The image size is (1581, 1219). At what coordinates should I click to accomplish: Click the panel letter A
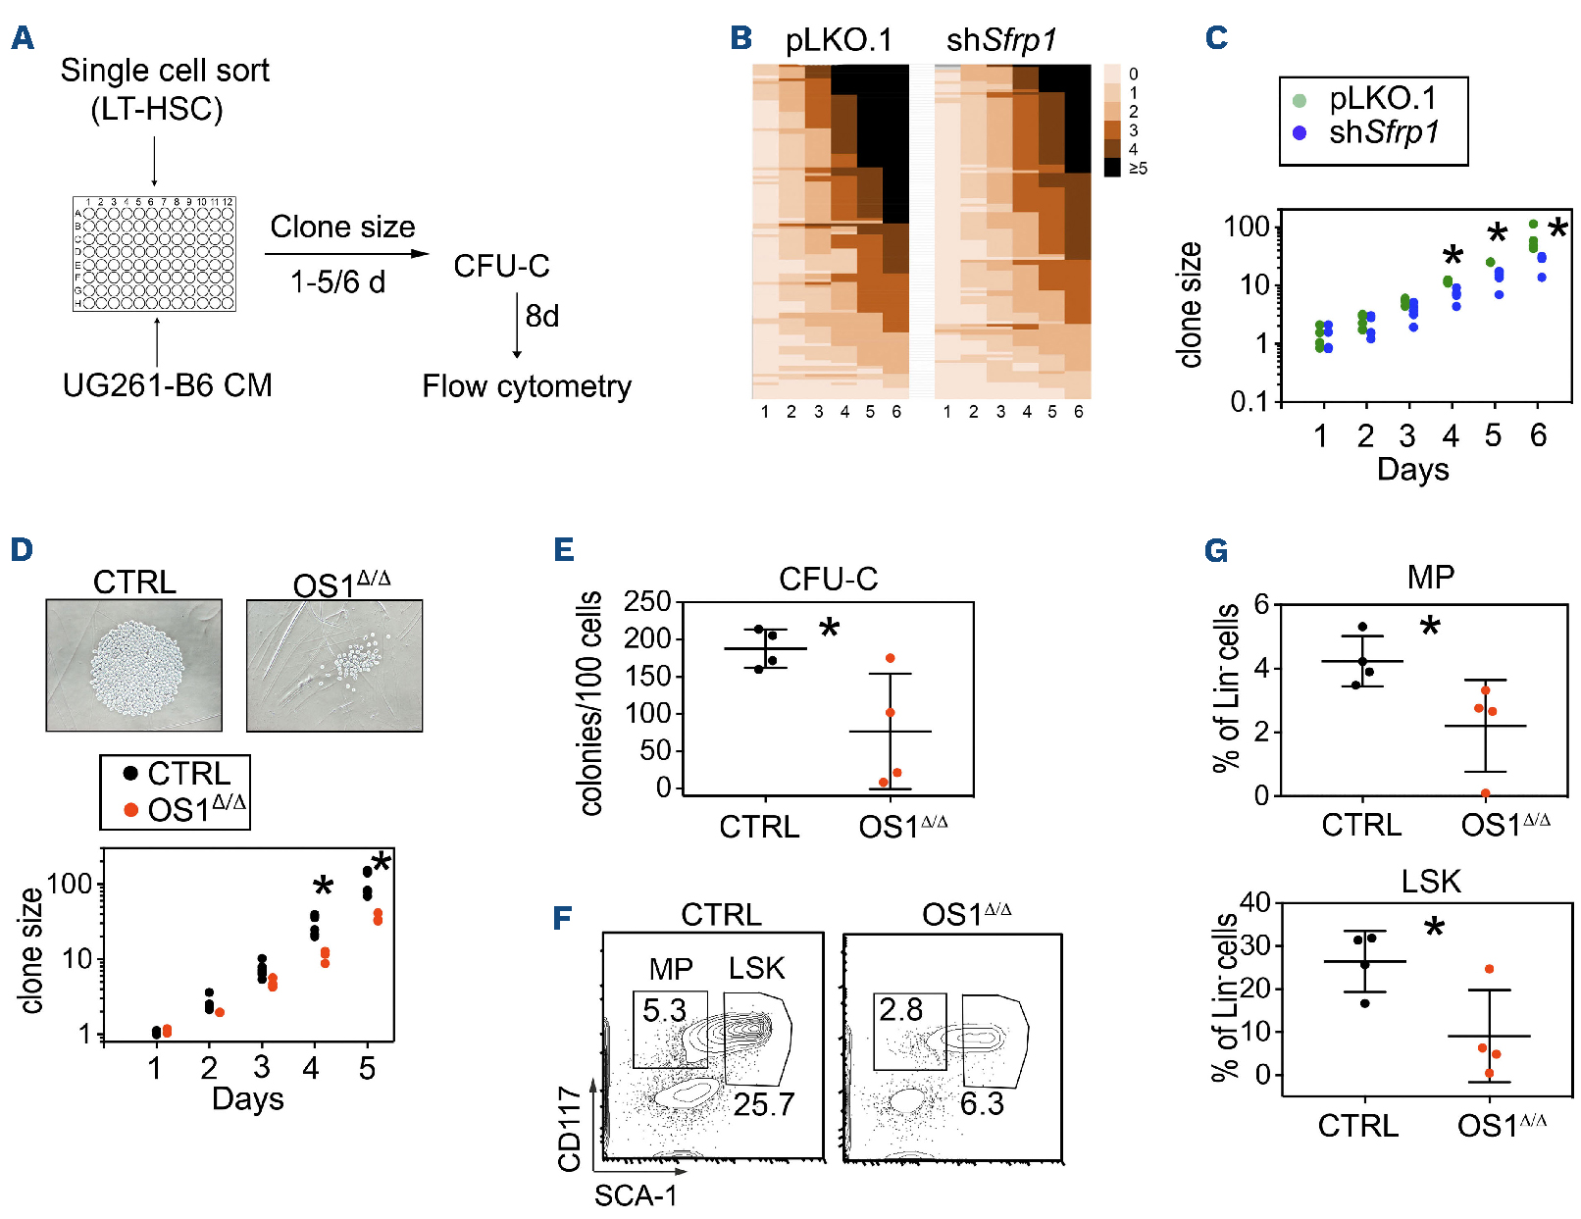(22, 39)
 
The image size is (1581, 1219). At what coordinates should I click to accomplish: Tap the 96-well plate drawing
(154, 254)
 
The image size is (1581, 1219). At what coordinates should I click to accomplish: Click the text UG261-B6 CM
(167, 385)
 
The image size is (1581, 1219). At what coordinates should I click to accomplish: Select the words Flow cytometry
(527, 386)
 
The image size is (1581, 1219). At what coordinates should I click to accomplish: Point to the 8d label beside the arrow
(541, 317)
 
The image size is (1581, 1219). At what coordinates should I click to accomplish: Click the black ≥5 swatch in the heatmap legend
(1112, 168)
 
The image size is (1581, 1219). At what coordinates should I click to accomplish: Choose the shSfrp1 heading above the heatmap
(1001, 40)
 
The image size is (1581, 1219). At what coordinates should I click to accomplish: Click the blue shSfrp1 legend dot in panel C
(1300, 132)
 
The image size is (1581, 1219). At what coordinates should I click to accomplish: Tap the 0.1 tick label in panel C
(1249, 401)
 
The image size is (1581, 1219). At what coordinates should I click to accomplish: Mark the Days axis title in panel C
(1412, 470)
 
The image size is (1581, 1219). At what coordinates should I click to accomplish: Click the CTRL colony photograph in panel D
(134, 665)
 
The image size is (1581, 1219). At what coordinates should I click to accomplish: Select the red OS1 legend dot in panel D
(130, 810)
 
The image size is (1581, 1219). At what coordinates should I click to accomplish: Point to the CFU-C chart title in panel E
(828, 580)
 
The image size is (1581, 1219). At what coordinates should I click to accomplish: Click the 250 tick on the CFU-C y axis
(647, 602)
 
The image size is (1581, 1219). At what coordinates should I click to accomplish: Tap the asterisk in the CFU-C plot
(830, 629)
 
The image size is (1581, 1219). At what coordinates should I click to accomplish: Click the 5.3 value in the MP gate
(664, 1010)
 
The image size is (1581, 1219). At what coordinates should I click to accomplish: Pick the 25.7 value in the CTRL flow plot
(764, 1105)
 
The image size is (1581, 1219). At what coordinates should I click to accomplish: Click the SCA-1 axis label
(636, 1195)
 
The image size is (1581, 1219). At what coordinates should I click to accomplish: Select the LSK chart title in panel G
(1430, 882)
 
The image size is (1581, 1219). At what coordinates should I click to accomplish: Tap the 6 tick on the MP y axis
(1261, 605)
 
